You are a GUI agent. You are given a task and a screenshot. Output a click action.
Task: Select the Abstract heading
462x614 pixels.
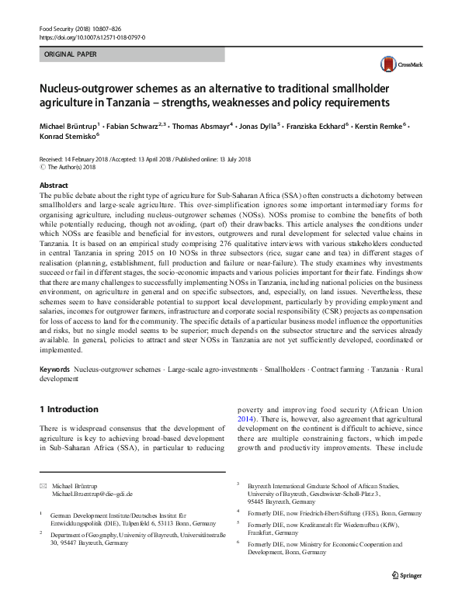54,186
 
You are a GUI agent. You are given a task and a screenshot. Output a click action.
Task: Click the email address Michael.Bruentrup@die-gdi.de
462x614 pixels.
92,493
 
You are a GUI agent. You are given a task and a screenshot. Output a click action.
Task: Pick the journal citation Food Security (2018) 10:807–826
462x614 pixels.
80,28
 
